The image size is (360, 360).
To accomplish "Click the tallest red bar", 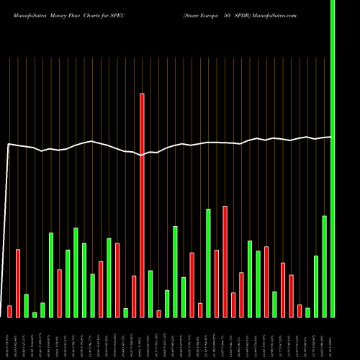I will point(142,205).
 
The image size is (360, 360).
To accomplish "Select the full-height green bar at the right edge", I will point(332,158).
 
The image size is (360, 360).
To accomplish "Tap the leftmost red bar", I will point(9,311).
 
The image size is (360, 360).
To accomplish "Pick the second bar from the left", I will point(18,283).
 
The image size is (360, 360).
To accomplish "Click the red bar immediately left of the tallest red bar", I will point(134,296).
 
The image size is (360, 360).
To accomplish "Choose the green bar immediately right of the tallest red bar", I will point(150,293).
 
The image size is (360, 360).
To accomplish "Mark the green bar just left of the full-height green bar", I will point(324,266).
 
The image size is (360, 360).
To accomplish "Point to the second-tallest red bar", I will point(225,261).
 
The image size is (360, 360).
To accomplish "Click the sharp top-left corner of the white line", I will point(8,145).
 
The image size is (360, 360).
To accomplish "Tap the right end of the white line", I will point(330,137).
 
